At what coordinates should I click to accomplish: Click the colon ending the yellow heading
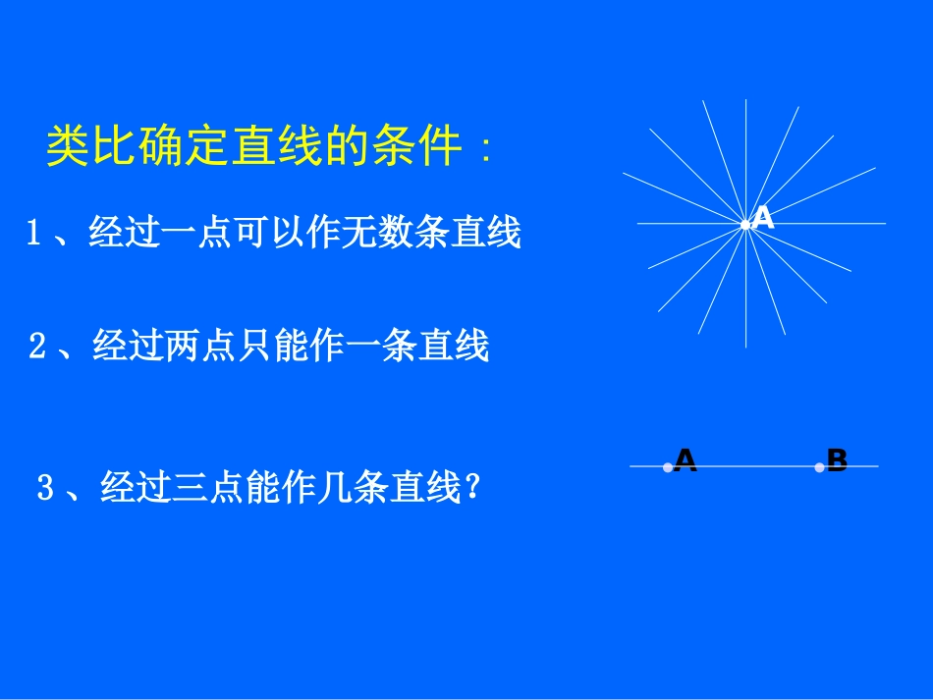point(484,149)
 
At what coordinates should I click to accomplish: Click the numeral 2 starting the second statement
point(37,347)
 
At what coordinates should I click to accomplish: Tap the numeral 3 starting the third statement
point(44,487)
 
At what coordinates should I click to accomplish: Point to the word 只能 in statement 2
point(256,347)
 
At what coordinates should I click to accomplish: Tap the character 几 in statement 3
point(338,487)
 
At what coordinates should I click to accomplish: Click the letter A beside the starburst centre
point(764,219)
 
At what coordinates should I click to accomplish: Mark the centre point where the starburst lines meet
point(745,225)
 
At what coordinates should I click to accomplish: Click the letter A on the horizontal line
point(686,460)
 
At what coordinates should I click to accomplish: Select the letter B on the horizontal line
point(837,460)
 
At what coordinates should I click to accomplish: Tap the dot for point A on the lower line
point(668,467)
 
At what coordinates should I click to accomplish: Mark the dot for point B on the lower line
point(819,467)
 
